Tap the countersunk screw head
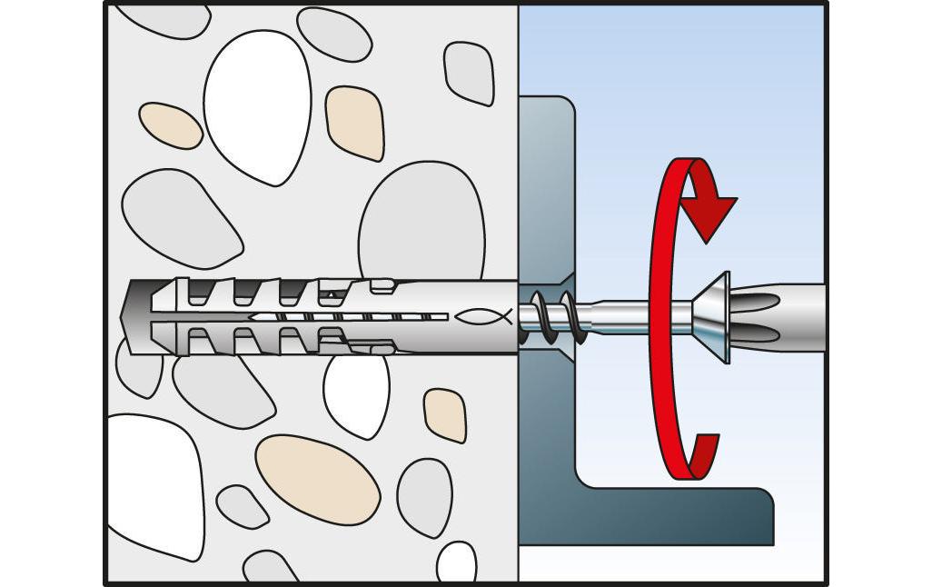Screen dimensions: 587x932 713,317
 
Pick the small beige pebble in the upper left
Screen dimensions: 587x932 170,125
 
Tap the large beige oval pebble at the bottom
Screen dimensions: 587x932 317,478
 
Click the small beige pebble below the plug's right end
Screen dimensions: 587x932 445,414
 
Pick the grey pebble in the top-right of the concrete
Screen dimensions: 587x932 469,72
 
